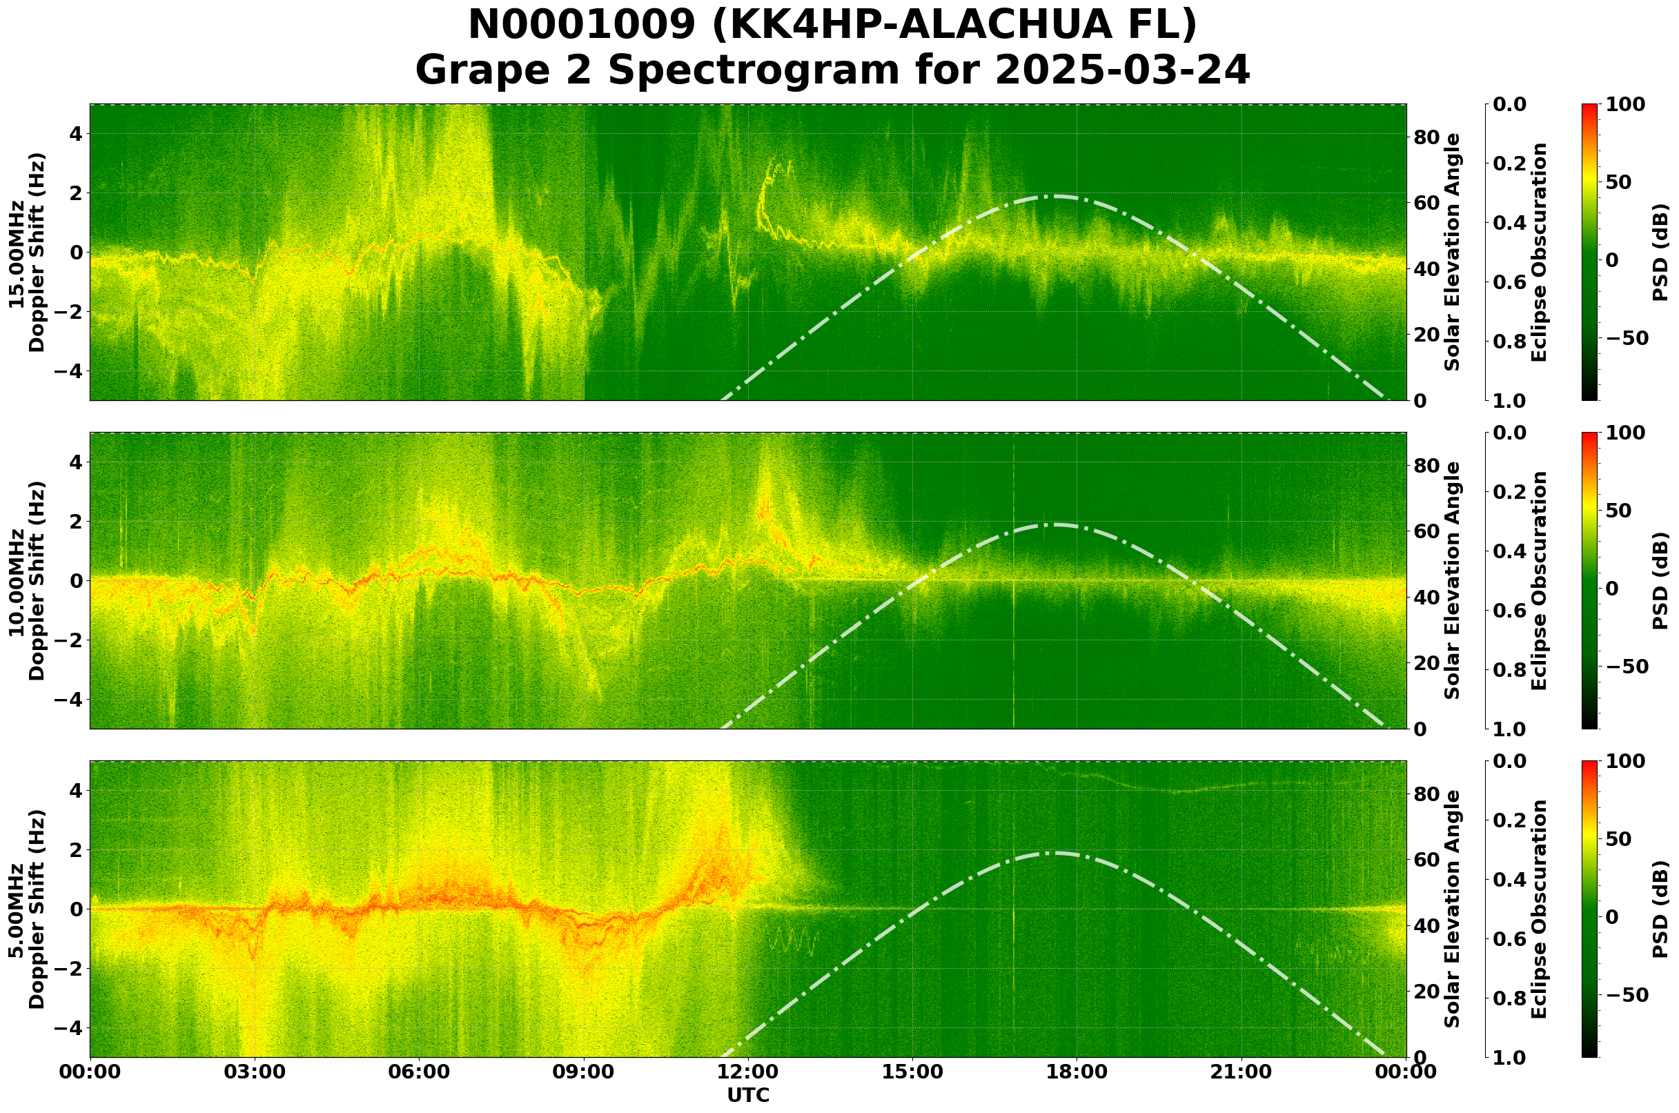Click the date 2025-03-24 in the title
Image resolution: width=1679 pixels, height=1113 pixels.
pos(1121,71)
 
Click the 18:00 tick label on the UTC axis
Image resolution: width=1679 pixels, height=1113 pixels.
pos(1077,1072)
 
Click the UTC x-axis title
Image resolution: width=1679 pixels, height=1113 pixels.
pos(748,1095)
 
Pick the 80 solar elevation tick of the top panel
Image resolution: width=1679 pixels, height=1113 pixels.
pos(1426,137)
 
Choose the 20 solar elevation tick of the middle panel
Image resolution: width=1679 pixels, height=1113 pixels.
pos(1426,664)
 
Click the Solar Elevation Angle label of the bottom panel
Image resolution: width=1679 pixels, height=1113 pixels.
pos(1453,909)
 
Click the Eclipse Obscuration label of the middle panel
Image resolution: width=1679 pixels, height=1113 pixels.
pos(1538,580)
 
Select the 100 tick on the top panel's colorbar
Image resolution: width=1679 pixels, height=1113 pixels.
pos(1625,105)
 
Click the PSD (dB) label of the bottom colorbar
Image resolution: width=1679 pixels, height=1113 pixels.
pos(1660,909)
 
